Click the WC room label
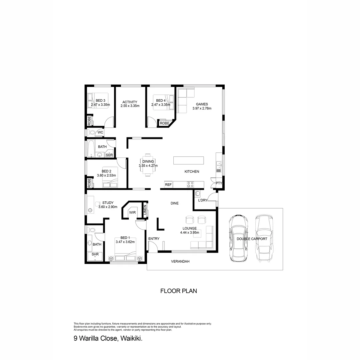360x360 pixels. click(x=100, y=133)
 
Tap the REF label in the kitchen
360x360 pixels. click(x=168, y=184)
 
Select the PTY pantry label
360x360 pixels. click(x=219, y=183)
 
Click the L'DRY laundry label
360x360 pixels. click(x=203, y=200)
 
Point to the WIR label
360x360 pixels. click(x=132, y=212)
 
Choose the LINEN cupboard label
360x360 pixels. click(x=145, y=210)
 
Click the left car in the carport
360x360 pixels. click(x=238, y=238)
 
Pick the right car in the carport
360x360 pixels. click(x=264, y=238)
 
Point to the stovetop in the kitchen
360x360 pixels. click(x=190, y=184)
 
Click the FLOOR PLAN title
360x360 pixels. click(x=179, y=291)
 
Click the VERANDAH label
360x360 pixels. click(x=180, y=262)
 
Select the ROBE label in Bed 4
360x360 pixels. click(x=164, y=123)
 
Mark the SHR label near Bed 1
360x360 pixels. click(x=95, y=254)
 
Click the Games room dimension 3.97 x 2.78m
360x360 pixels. click(x=202, y=108)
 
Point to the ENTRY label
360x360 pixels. click(x=154, y=239)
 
